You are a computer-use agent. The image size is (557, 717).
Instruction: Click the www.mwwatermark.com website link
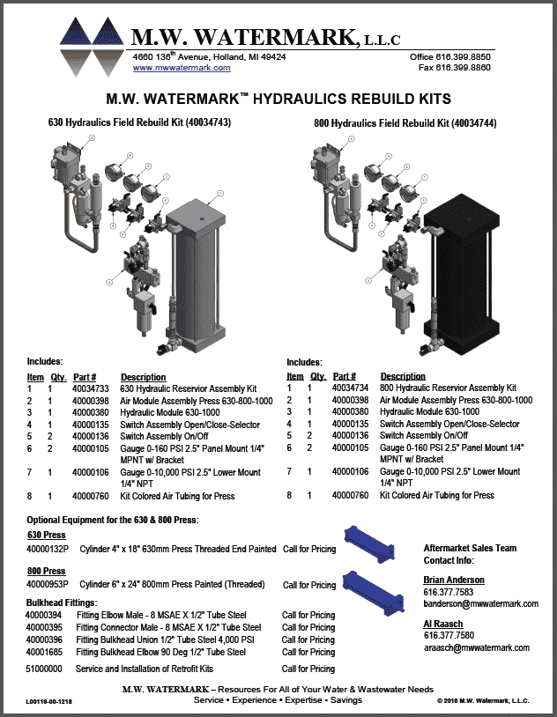[182, 68]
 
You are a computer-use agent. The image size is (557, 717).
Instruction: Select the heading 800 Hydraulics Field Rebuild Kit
[405, 123]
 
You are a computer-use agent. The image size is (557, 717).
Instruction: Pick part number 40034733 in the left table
[91, 388]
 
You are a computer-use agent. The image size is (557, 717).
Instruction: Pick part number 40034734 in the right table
[350, 388]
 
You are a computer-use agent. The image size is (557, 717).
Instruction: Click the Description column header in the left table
[143, 377]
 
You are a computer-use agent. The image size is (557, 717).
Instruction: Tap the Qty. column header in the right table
[317, 376]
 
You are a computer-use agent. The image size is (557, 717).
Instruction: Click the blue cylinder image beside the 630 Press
[373, 536]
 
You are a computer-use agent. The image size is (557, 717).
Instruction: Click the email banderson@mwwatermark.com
[480, 603]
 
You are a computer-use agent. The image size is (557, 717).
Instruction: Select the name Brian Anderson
[454, 580]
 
